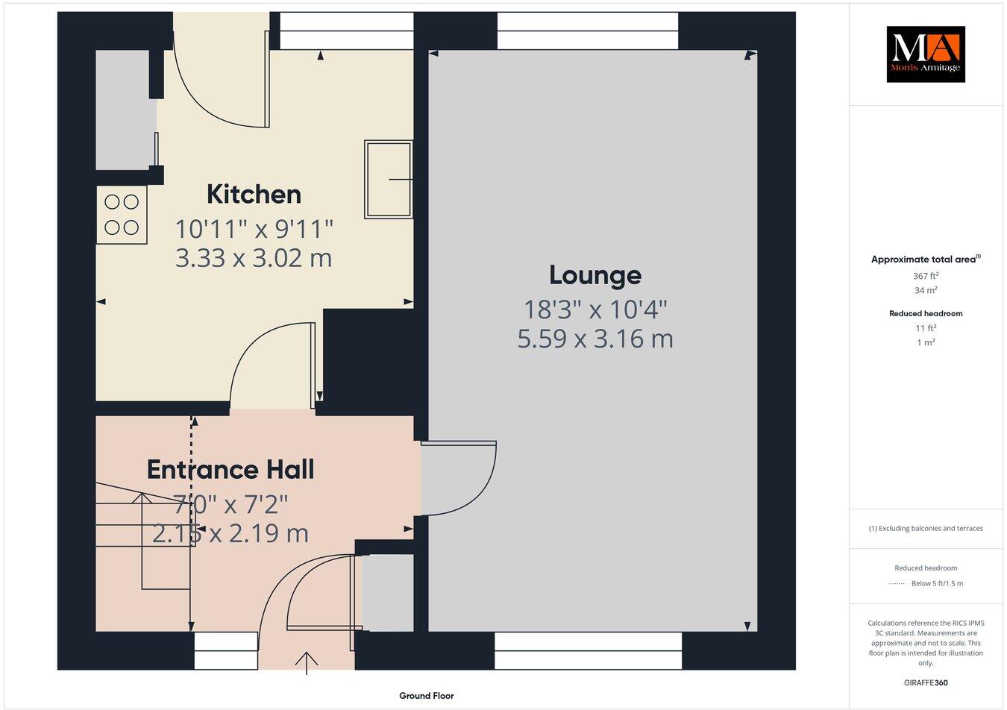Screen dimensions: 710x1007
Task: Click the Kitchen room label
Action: pyautogui.click(x=254, y=194)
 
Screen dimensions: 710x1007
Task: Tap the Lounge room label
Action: pyautogui.click(x=595, y=275)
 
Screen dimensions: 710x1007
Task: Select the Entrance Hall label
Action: pyautogui.click(x=230, y=469)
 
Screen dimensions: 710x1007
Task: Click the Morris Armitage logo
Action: pyautogui.click(x=925, y=54)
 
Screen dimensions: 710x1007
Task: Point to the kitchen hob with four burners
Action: pyautogui.click(x=122, y=214)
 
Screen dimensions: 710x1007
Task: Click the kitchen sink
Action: pyautogui.click(x=388, y=180)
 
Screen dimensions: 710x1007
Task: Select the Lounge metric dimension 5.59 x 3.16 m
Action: pyautogui.click(x=595, y=339)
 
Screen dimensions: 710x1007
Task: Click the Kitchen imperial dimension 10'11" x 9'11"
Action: pyautogui.click(x=254, y=227)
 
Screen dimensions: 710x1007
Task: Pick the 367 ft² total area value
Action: pyautogui.click(x=925, y=276)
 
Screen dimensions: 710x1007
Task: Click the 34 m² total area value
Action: pyautogui.click(x=925, y=291)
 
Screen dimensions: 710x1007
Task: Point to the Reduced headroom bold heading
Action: pyautogui.click(x=925, y=313)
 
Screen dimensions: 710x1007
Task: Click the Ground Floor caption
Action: pyautogui.click(x=426, y=696)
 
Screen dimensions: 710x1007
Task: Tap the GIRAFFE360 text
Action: pyautogui.click(x=926, y=682)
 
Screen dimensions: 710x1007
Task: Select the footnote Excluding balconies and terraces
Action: pyautogui.click(x=926, y=529)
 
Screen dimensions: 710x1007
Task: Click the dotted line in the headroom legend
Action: pyautogui.click(x=897, y=584)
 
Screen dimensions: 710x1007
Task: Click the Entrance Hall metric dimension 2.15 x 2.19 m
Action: pyautogui.click(x=230, y=533)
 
